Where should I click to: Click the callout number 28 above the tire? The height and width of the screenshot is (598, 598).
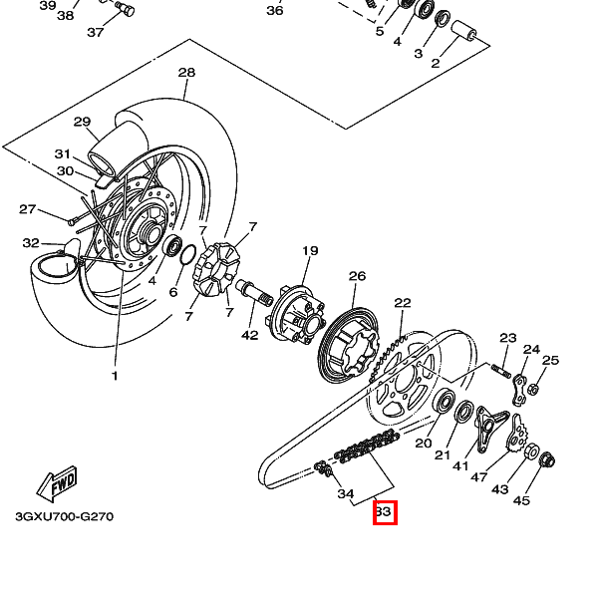click(x=186, y=73)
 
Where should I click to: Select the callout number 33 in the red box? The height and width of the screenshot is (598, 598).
click(x=385, y=513)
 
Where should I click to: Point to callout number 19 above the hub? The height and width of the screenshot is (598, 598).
click(x=310, y=251)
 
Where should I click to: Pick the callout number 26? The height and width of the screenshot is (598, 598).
click(x=357, y=276)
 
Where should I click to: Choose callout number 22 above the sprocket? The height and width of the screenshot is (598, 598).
click(x=402, y=303)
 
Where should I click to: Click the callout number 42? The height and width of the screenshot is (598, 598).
click(x=249, y=335)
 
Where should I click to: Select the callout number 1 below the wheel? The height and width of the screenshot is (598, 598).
click(x=114, y=376)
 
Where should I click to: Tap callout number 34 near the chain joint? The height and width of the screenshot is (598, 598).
click(x=345, y=493)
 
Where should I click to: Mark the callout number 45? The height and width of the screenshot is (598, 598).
click(x=521, y=500)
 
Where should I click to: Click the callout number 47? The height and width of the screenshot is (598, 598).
click(x=478, y=478)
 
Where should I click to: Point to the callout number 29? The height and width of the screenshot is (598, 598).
click(x=82, y=122)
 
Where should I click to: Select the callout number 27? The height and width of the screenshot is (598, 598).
click(x=28, y=209)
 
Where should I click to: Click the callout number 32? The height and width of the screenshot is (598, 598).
click(x=31, y=243)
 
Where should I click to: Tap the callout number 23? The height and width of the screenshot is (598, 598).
click(x=508, y=338)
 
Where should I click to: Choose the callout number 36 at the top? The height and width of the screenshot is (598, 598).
click(x=275, y=11)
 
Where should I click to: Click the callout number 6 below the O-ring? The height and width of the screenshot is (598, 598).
click(x=172, y=293)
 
